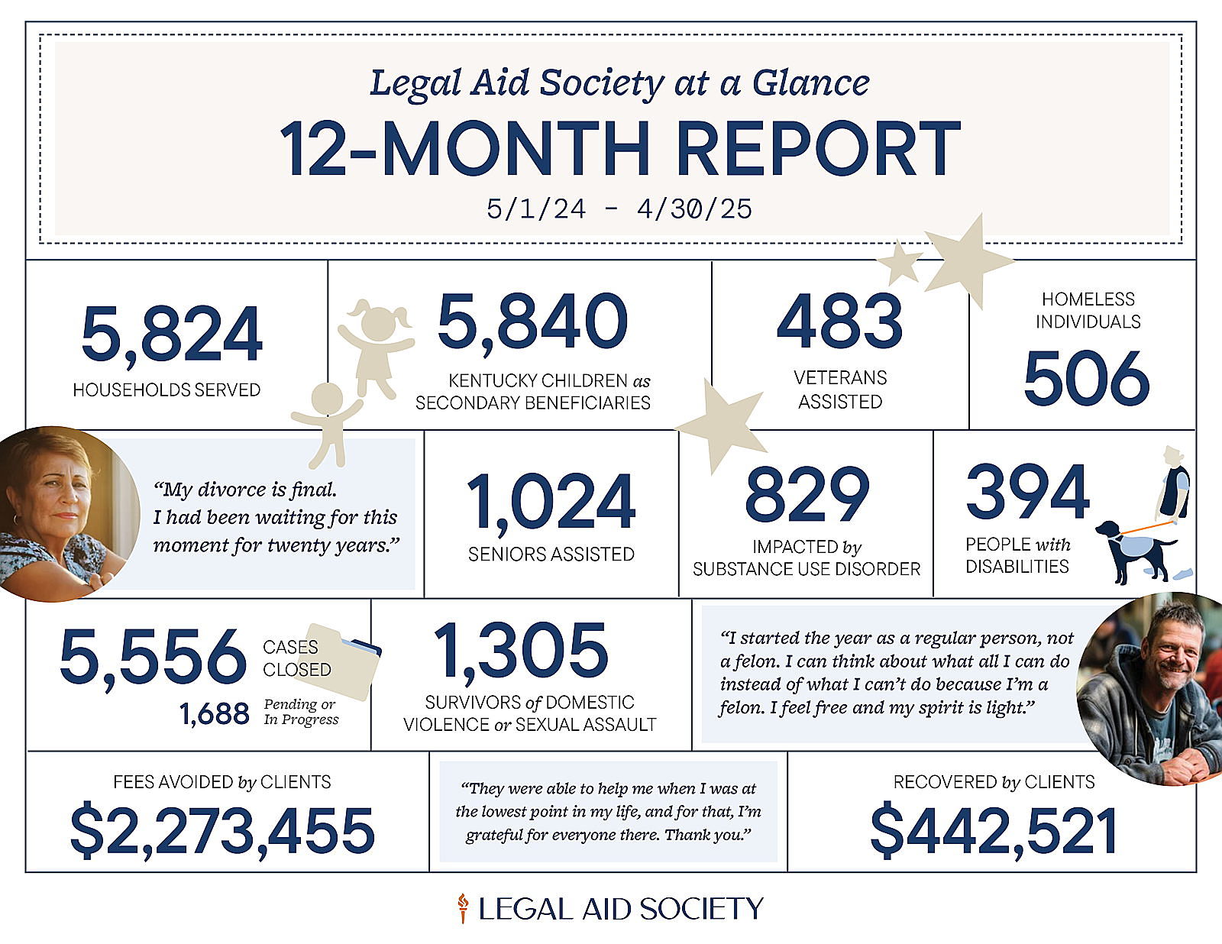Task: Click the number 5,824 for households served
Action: [172, 334]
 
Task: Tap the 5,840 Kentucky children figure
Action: [532, 322]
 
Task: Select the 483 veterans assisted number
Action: [839, 321]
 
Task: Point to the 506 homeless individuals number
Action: [1086, 378]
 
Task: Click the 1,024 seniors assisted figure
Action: [551, 502]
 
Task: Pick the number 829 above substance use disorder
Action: [807, 494]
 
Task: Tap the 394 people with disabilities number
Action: [1027, 492]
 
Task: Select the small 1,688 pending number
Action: [215, 714]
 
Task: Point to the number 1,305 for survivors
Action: [521, 651]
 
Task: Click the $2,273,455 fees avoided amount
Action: [222, 831]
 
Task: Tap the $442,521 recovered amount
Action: [994, 831]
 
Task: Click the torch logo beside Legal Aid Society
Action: [462, 908]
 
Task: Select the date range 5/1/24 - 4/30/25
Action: [619, 209]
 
